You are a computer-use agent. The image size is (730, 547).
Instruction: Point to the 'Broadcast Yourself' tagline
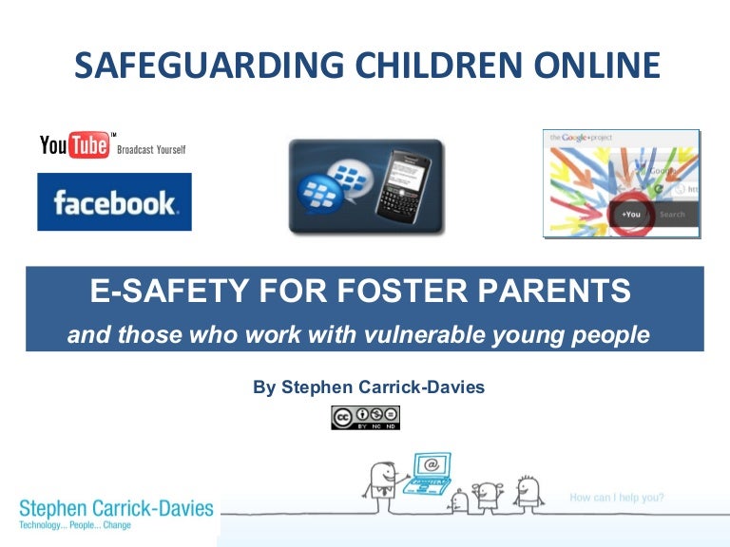151,150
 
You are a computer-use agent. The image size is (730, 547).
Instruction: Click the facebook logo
114,202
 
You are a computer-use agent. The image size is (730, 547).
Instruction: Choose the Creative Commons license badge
365,418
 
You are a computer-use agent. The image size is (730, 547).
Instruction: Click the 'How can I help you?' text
617,497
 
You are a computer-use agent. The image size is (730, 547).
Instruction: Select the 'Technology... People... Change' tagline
75,524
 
